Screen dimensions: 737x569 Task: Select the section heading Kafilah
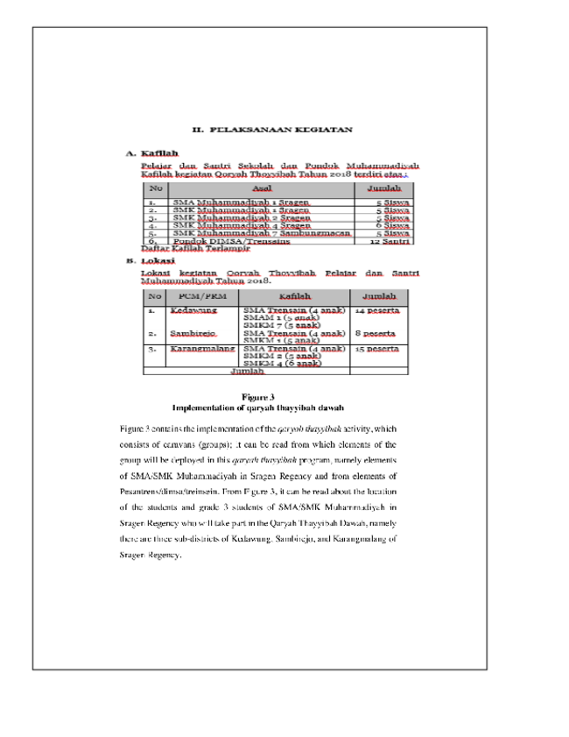159,153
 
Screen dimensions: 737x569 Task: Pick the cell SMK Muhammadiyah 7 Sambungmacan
262,233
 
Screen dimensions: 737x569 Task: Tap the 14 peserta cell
377,310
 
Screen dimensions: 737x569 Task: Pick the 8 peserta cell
375,334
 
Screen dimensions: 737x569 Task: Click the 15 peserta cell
377,349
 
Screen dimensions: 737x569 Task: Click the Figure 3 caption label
258,397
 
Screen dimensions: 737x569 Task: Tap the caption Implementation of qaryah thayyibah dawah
258,408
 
